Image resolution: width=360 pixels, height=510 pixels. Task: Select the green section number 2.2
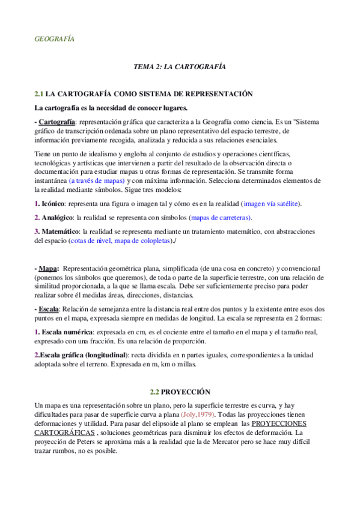click(x=155, y=391)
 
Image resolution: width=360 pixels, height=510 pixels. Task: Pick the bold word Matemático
click(x=61, y=232)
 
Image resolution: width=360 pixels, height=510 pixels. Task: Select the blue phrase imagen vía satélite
click(x=270, y=204)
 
